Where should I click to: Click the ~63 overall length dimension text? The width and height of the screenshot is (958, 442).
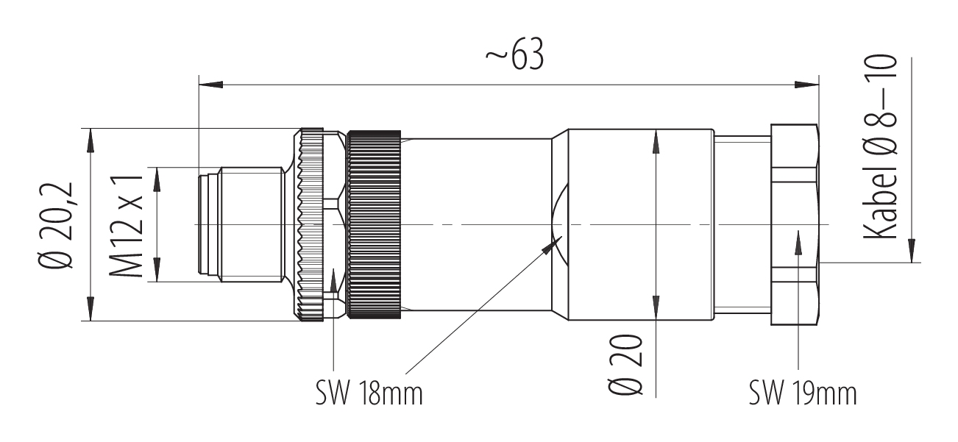click(x=514, y=54)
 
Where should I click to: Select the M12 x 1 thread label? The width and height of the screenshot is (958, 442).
click(x=125, y=226)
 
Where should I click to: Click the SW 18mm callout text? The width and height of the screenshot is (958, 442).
click(x=369, y=393)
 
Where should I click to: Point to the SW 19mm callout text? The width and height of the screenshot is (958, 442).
click(x=803, y=393)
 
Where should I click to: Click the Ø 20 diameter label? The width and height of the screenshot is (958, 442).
click(x=625, y=364)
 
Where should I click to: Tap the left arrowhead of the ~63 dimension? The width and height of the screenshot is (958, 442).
click(x=211, y=85)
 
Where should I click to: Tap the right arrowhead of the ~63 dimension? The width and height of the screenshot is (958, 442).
click(x=806, y=85)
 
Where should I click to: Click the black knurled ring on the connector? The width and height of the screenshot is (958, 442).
click(x=375, y=224)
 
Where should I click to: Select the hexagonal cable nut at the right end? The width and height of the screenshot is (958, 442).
click(x=795, y=224)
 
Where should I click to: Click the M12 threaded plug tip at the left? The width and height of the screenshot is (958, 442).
click(x=241, y=224)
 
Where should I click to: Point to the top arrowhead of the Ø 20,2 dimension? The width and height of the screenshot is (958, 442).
click(x=90, y=140)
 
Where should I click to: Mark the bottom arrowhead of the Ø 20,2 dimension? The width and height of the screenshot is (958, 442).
click(x=90, y=309)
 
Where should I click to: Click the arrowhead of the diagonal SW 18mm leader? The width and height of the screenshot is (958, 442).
click(x=552, y=245)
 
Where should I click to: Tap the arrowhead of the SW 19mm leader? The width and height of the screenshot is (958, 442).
click(x=798, y=243)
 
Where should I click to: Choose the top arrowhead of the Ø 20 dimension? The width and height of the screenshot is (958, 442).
click(x=656, y=141)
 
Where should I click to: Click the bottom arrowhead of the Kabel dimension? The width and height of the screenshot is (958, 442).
click(x=912, y=251)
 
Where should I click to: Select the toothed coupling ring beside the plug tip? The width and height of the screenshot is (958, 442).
click(x=312, y=224)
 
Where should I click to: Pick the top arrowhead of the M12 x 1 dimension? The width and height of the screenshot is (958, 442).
click(x=157, y=179)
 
